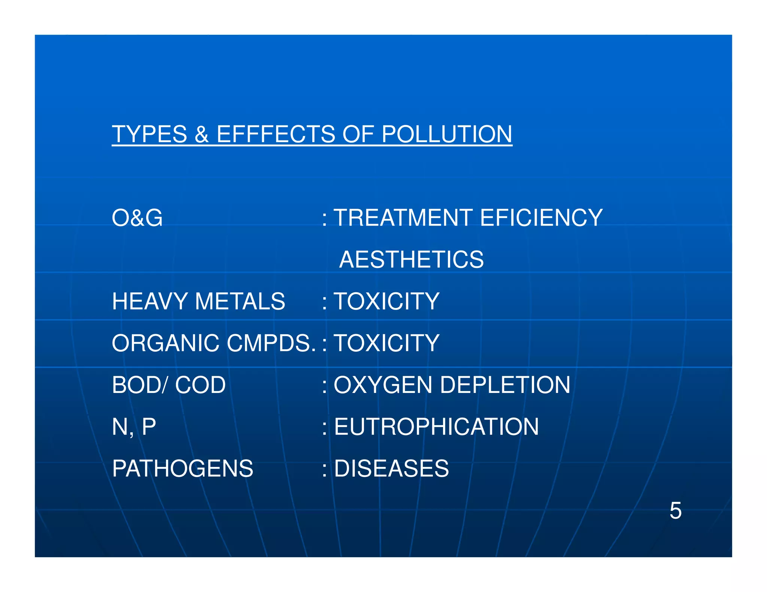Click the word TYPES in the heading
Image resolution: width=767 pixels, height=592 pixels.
coord(149,134)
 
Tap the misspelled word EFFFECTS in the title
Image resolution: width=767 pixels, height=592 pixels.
coord(276,134)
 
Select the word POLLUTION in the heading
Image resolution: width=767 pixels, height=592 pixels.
coord(447,134)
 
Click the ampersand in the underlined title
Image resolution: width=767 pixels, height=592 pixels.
coord(201,135)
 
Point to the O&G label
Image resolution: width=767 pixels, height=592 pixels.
coord(137,218)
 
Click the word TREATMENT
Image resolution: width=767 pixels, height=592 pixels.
coord(403,218)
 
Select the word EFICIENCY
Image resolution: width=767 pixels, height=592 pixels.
coord(541,218)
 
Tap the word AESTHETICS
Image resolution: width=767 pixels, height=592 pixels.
coord(411,260)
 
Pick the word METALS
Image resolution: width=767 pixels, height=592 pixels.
coord(240,302)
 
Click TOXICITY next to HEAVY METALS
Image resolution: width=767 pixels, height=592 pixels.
coord(386,302)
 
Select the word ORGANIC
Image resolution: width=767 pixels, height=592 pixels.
coord(166,343)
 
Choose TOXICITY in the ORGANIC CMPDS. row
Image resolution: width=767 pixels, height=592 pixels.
coord(386,343)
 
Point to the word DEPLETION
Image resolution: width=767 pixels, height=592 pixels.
coord(505,385)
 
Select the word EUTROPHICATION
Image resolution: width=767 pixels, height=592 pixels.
coord(436,427)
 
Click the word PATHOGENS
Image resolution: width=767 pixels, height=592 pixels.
coord(183,469)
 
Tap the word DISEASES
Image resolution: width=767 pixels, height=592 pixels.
coord(391,469)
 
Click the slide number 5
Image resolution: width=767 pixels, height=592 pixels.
coord(675,511)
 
